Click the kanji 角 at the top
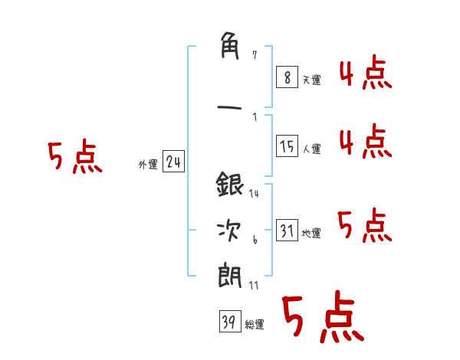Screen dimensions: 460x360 click(230, 46)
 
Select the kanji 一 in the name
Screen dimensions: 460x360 click(229, 107)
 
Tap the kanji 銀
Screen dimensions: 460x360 click(230, 185)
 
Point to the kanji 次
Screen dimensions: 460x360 click(228, 231)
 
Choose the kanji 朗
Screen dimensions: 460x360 click(230, 276)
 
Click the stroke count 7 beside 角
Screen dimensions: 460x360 click(255, 55)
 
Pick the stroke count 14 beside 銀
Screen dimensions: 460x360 click(254, 194)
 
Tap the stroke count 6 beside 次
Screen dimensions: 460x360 click(255, 240)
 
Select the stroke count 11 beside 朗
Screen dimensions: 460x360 click(254, 286)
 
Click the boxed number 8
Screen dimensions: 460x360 click(287, 77)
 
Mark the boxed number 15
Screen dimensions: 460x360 click(287, 146)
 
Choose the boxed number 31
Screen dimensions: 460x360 click(287, 230)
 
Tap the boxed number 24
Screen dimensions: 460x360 click(173, 162)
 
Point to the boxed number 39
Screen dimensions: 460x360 click(230, 321)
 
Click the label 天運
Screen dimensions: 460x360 click(311, 80)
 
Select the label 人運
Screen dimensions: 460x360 click(311, 149)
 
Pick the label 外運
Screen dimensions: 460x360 click(148, 165)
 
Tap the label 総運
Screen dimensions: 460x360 click(255, 325)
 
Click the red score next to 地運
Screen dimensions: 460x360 click(365, 225)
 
